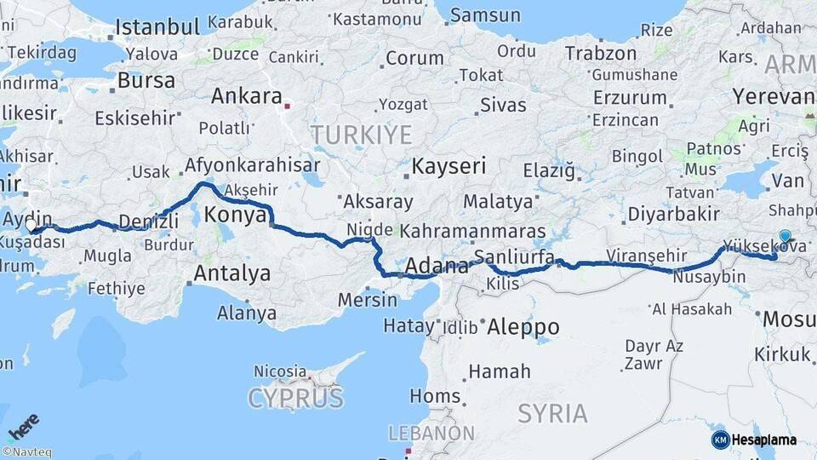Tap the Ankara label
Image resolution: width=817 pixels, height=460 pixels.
pyautogui.click(x=246, y=96)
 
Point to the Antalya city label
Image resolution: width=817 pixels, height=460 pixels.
pyautogui.click(x=232, y=273)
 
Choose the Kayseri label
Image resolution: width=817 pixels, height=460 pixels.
pyautogui.click(x=448, y=165)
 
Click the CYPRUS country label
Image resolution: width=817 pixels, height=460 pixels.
pyautogui.click(x=295, y=397)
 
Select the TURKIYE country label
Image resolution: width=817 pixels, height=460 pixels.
pyautogui.click(x=361, y=135)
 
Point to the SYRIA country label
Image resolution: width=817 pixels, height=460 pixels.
pyautogui.click(x=552, y=414)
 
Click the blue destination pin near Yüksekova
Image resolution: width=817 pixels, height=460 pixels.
pyautogui.click(x=784, y=238)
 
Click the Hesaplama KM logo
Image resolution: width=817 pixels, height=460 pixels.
pyautogui.click(x=754, y=440)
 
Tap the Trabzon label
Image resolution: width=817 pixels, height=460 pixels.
pyautogui.click(x=600, y=53)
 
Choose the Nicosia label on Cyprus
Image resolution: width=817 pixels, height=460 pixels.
pyautogui.click(x=279, y=371)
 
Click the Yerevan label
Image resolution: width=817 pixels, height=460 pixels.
pyautogui.click(x=773, y=96)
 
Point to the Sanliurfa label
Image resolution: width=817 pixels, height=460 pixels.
pyautogui.click(x=514, y=256)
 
